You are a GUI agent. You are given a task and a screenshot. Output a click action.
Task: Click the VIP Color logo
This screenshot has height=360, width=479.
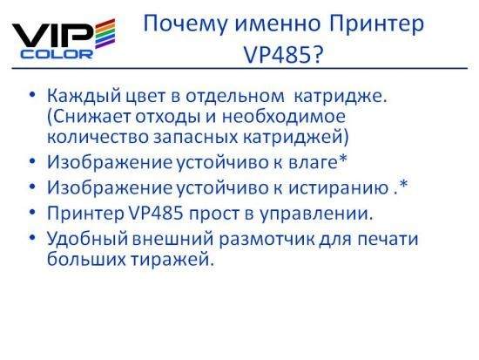click(x=64, y=38)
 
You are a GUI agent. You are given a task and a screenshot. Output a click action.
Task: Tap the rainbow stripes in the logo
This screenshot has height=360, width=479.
click(x=105, y=33)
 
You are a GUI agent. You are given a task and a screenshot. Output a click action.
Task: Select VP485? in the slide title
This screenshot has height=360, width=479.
click(x=283, y=55)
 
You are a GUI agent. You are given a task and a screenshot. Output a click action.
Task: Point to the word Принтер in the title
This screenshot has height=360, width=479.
click(x=376, y=24)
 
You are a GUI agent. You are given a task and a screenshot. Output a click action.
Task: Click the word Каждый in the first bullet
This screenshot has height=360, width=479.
click(x=84, y=97)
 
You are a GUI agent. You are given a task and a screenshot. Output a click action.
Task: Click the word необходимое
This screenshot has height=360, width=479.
click(x=283, y=117)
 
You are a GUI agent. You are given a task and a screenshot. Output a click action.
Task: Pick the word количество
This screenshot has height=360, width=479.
click(x=98, y=137)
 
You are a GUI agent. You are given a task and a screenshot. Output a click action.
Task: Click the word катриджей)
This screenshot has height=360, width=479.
click(x=296, y=138)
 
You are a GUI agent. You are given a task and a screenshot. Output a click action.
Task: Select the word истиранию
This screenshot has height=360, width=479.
click(x=338, y=187)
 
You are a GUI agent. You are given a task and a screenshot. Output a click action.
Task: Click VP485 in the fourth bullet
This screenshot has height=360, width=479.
click(x=154, y=213)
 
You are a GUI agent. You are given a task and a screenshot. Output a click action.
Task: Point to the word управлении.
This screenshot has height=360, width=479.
click(x=316, y=214)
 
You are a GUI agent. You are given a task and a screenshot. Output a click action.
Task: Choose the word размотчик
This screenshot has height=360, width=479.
click(x=267, y=239)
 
